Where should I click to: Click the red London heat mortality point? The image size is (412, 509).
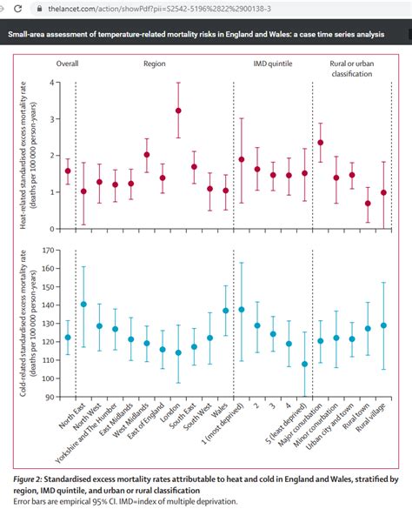(x=178, y=111)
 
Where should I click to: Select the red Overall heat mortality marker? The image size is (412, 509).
(x=68, y=171)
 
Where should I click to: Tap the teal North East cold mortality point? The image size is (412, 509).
(x=83, y=305)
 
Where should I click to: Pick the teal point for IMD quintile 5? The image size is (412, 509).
(x=304, y=364)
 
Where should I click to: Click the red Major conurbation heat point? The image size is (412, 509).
(x=321, y=143)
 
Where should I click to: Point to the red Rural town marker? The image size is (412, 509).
(x=368, y=204)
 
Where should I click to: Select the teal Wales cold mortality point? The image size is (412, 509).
(x=225, y=311)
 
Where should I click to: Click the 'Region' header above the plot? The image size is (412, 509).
(x=155, y=64)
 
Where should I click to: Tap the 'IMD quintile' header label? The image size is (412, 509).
(x=272, y=64)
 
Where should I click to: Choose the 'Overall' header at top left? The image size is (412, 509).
(x=69, y=64)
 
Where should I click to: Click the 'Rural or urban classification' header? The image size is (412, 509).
(x=353, y=69)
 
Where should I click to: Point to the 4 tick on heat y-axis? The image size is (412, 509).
(x=51, y=82)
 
